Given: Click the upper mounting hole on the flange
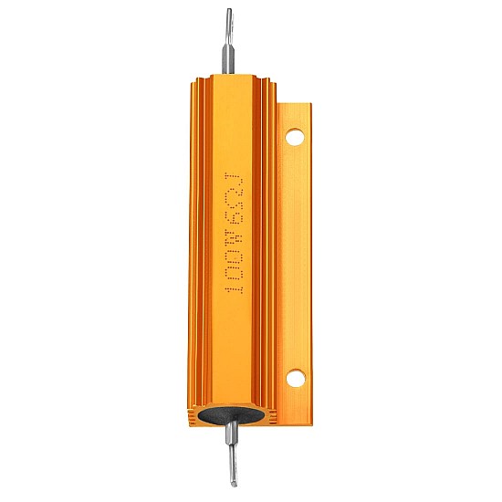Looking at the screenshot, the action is point(295,137).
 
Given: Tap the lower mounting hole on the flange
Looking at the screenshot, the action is point(295,378).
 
